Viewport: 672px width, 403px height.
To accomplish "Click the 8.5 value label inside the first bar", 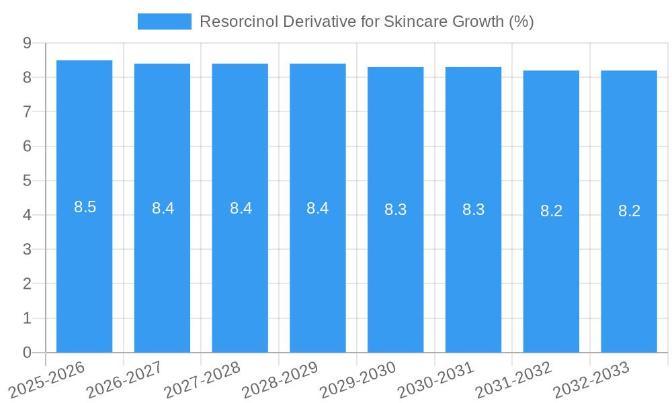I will point(85,207).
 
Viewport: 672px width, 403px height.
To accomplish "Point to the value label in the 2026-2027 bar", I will point(163,208).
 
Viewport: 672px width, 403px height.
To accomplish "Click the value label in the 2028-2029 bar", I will point(318,208).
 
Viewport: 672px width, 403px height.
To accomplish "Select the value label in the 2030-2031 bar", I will point(473,210).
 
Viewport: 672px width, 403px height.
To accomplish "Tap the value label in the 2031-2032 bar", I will point(551,211).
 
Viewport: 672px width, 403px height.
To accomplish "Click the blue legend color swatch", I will point(164,21).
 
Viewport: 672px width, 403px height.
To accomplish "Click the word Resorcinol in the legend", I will point(238,21).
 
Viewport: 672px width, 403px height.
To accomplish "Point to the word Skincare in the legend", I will point(414,21).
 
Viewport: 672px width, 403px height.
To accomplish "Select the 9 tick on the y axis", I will point(27,43).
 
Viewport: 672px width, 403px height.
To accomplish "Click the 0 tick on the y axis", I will point(27,353).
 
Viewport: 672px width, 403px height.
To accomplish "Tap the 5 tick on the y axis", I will point(27,181).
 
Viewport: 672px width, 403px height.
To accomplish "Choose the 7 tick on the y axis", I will point(27,111).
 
